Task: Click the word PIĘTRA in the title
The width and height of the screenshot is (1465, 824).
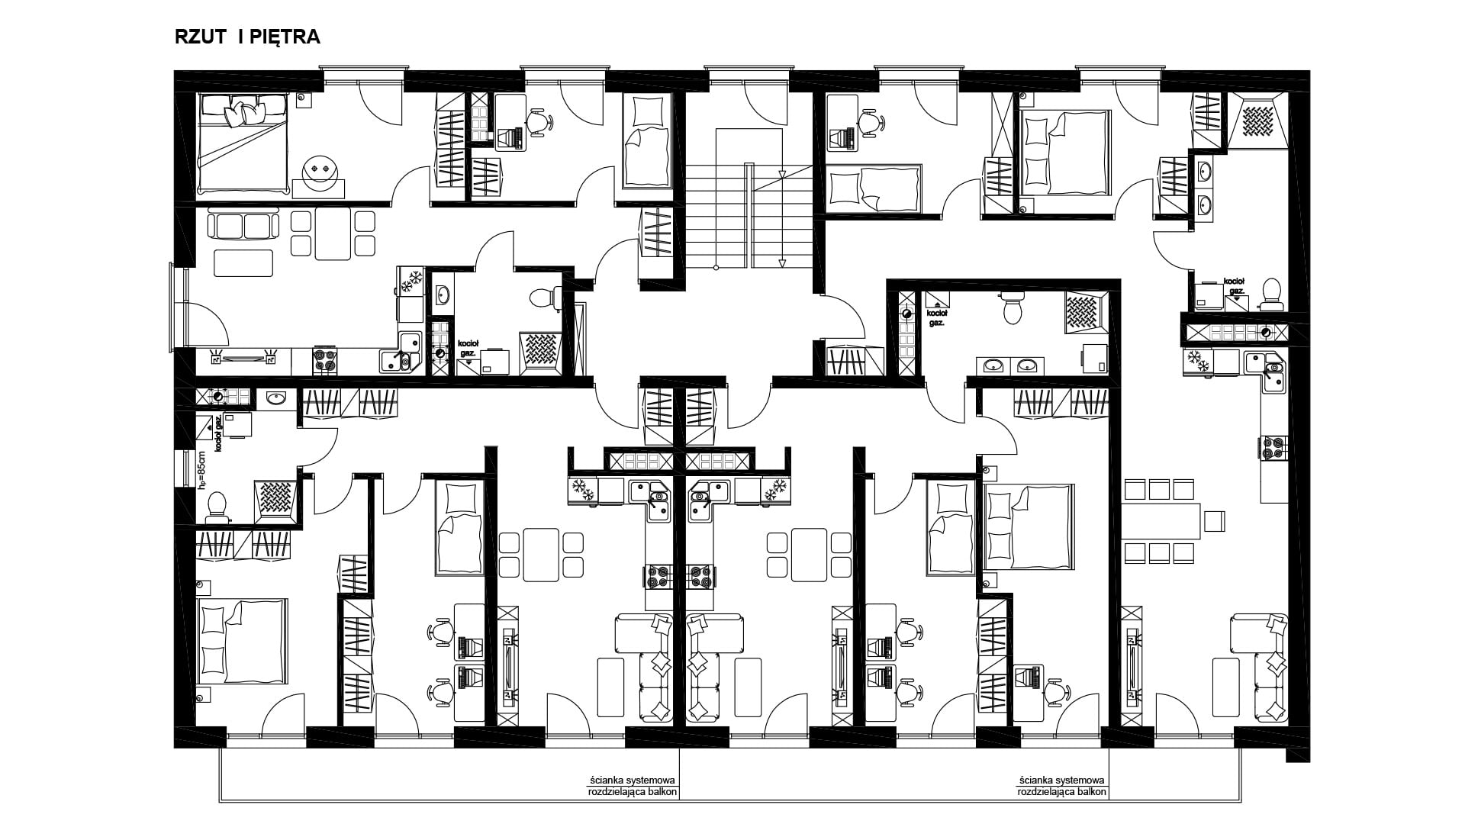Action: [x=285, y=37]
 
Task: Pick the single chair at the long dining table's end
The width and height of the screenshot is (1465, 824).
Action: [x=1213, y=521]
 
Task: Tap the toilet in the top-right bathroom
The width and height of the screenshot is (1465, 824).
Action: [x=1271, y=294]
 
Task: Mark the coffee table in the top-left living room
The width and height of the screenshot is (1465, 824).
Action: [x=243, y=263]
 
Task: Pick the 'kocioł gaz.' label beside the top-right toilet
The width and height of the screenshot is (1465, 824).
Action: [x=1235, y=286]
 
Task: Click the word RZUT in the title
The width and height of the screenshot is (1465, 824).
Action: [x=200, y=37]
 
